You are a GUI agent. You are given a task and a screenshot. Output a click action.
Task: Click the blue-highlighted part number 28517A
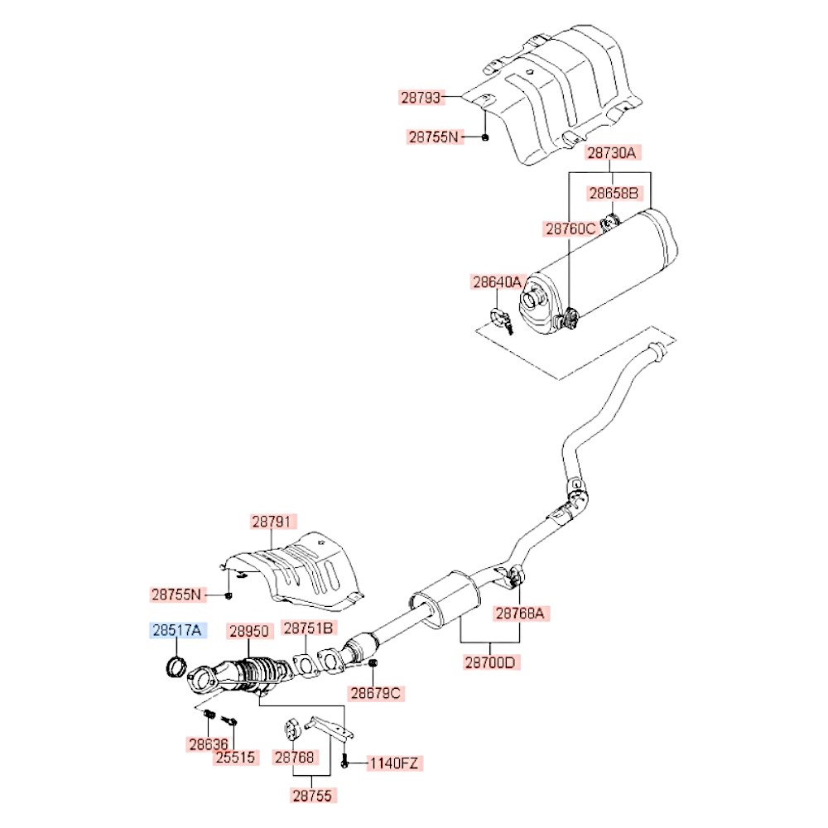176,631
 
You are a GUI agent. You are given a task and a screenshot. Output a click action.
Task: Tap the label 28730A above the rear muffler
613,153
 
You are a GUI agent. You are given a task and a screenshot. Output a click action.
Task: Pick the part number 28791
273,522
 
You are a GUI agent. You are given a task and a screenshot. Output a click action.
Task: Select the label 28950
249,631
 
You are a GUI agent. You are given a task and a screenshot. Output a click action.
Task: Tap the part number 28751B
309,628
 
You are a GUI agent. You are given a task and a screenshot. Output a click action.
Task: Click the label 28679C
374,692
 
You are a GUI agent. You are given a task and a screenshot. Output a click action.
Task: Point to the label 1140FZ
394,762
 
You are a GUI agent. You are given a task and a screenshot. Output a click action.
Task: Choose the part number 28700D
491,662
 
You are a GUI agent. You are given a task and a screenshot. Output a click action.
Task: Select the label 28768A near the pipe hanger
519,614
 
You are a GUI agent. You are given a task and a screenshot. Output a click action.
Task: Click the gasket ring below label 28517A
176,666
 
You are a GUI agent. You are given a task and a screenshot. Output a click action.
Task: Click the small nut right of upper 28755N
485,137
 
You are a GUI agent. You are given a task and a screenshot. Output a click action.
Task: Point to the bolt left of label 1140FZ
344,760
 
